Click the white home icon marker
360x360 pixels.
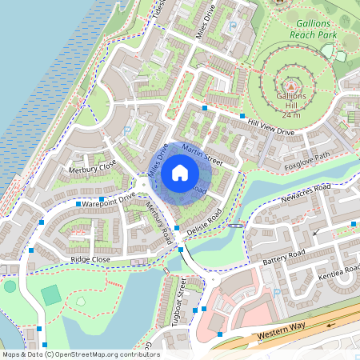[180, 172]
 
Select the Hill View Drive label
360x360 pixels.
[271, 126]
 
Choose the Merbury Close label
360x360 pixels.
[92, 168]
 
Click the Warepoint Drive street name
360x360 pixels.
[107, 199]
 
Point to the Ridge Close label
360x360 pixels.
[90, 259]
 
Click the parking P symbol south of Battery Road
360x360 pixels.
[277, 292]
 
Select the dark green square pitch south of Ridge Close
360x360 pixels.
[51, 294]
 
